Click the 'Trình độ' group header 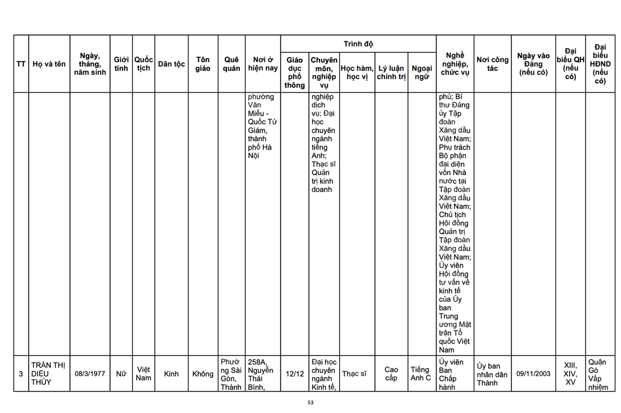[x=358, y=44]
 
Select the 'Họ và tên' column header [x=49, y=64]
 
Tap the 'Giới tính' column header [x=121, y=64]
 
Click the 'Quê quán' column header [x=231, y=64]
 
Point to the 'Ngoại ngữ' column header [x=422, y=72]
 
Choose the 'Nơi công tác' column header [x=492, y=64]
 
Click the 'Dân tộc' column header [x=172, y=64]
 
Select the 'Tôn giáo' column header [x=203, y=64]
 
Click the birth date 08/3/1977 [x=90, y=373]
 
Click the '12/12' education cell [x=294, y=373]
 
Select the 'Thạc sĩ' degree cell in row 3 [x=354, y=373]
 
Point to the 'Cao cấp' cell [x=391, y=373]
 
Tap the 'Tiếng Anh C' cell [x=421, y=373]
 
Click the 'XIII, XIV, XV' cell [x=570, y=373]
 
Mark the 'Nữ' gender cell [x=121, y=373]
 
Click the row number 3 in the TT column [x=21, y=373]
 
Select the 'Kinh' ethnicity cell [x=171, y=373]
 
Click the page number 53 [x=310, y=403]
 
